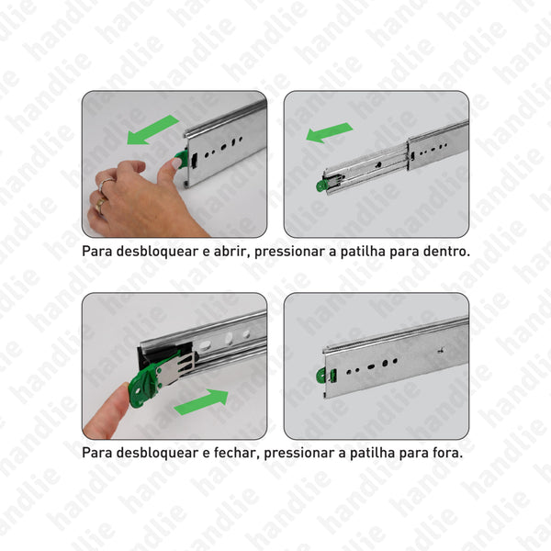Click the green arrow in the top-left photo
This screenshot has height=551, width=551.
(x=152, y=129)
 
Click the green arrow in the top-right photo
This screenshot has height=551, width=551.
(x=329, y=133)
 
